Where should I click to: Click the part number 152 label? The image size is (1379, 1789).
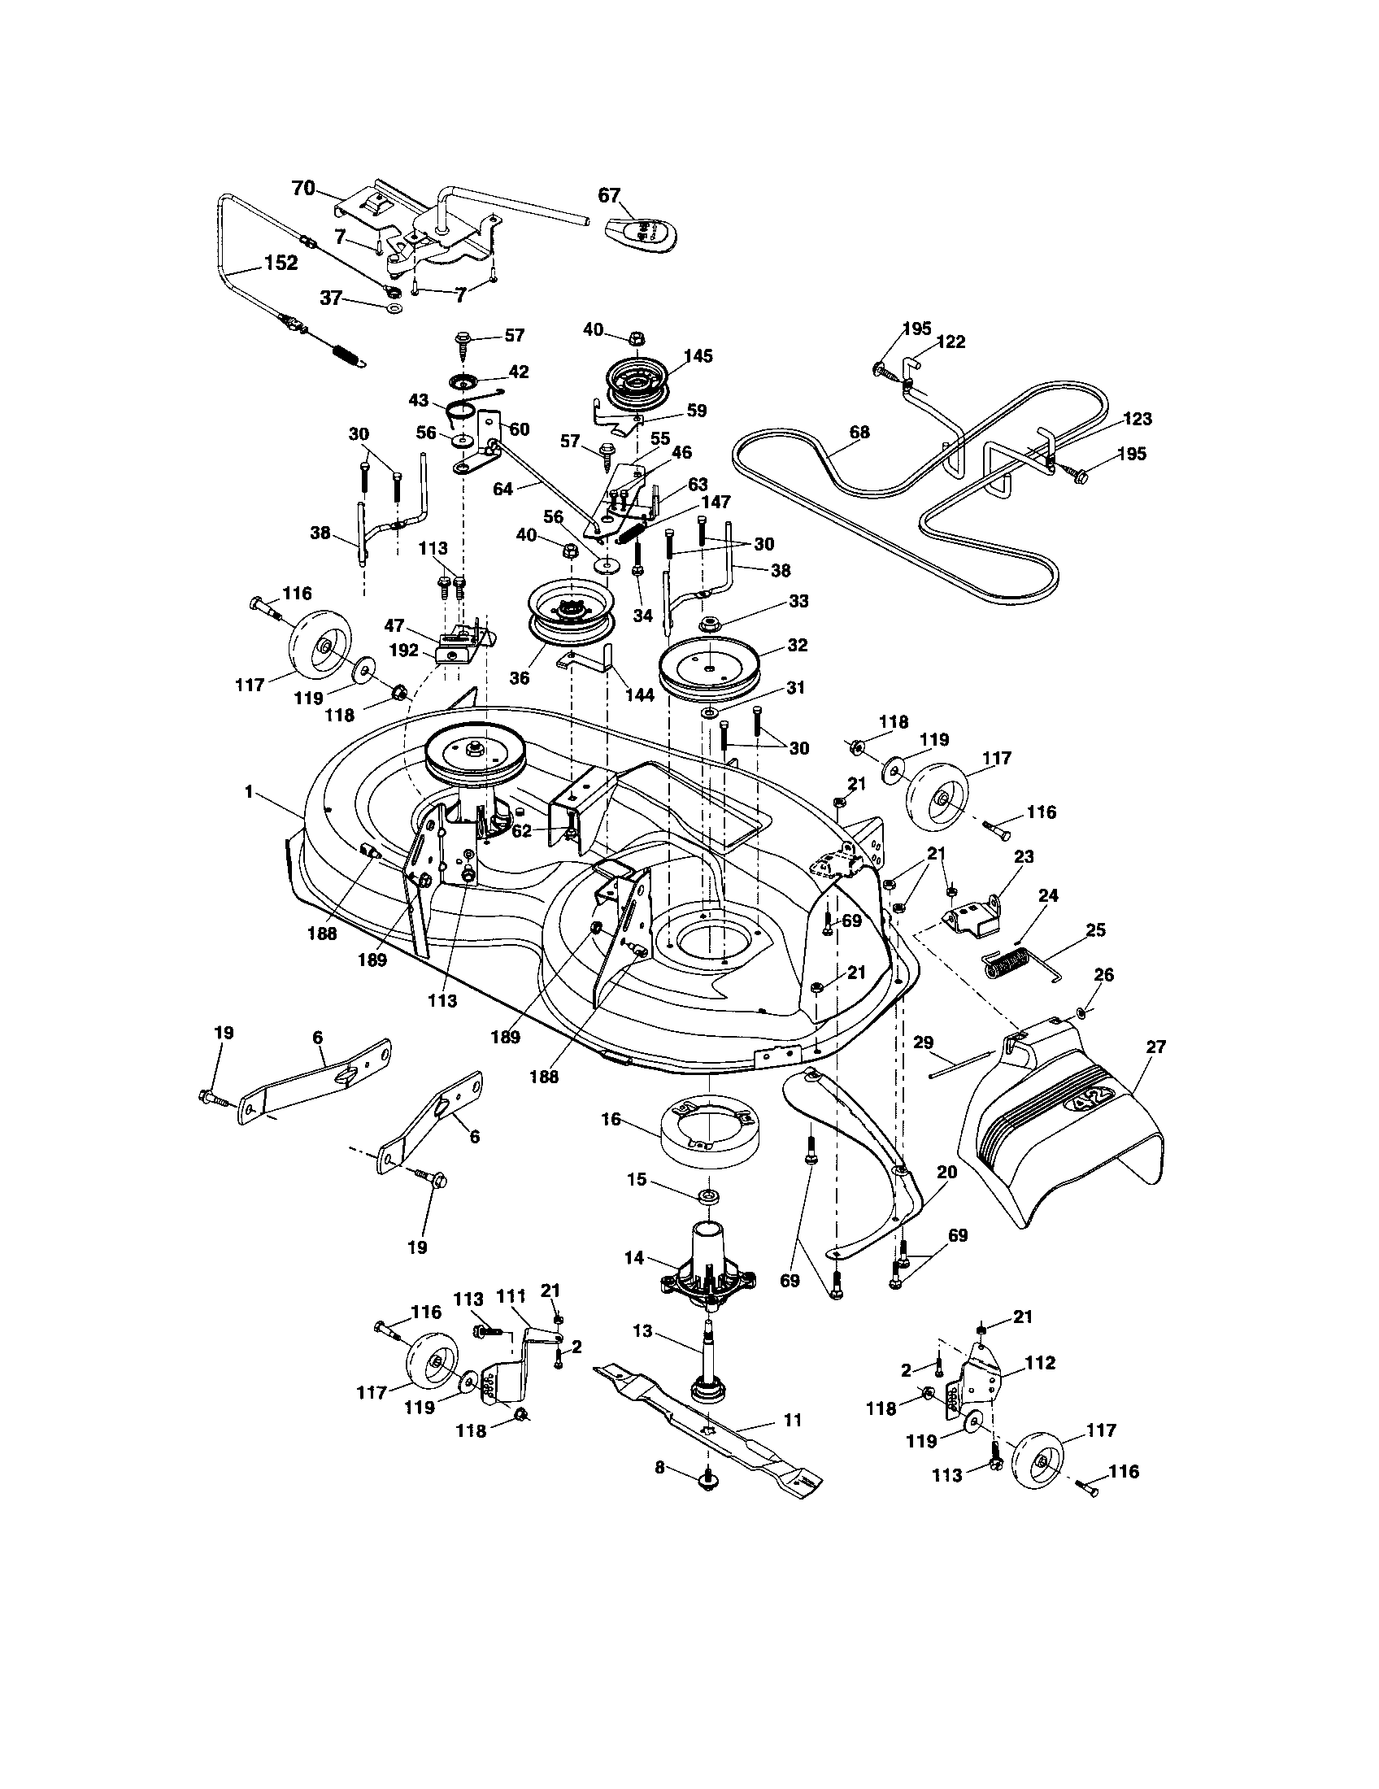(280, 263)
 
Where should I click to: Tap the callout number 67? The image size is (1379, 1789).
(608, 195)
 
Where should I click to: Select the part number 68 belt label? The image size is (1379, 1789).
(859, 432)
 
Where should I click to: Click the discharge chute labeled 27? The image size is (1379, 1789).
(1064, 1147)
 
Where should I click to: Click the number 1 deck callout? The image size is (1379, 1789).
(247, 792)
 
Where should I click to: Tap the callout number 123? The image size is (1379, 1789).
(1138, 419)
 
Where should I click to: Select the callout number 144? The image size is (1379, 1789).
(639, 694)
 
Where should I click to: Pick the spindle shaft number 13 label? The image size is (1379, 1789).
(642, 1332)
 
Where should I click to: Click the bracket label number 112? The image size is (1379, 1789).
(1039, 1362)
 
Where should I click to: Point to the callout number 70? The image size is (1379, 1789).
(303, 189)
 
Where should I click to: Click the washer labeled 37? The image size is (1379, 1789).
(394, 309)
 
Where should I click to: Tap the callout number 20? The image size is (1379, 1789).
(946, 1172)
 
